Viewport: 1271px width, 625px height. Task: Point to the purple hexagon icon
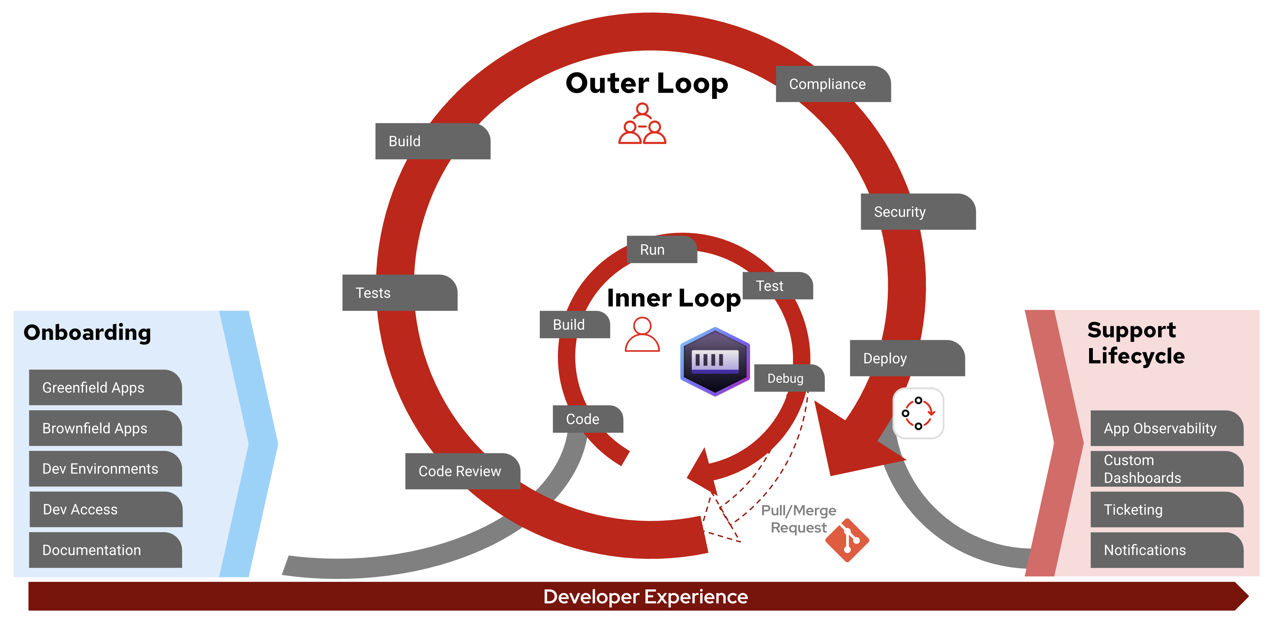tap(715, 361)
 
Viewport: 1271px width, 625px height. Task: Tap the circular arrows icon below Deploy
tap(918, 413)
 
